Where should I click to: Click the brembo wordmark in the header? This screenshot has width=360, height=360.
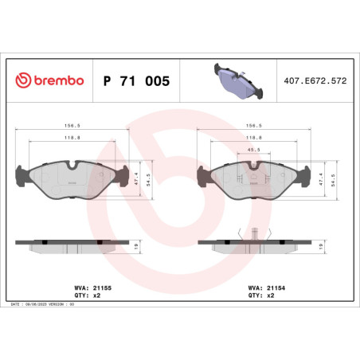[55, 81]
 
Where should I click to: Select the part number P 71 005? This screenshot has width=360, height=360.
[136, 81]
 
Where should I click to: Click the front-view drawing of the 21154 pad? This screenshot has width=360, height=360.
[254, 177]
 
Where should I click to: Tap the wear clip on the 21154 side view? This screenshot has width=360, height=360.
[253, 234]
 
